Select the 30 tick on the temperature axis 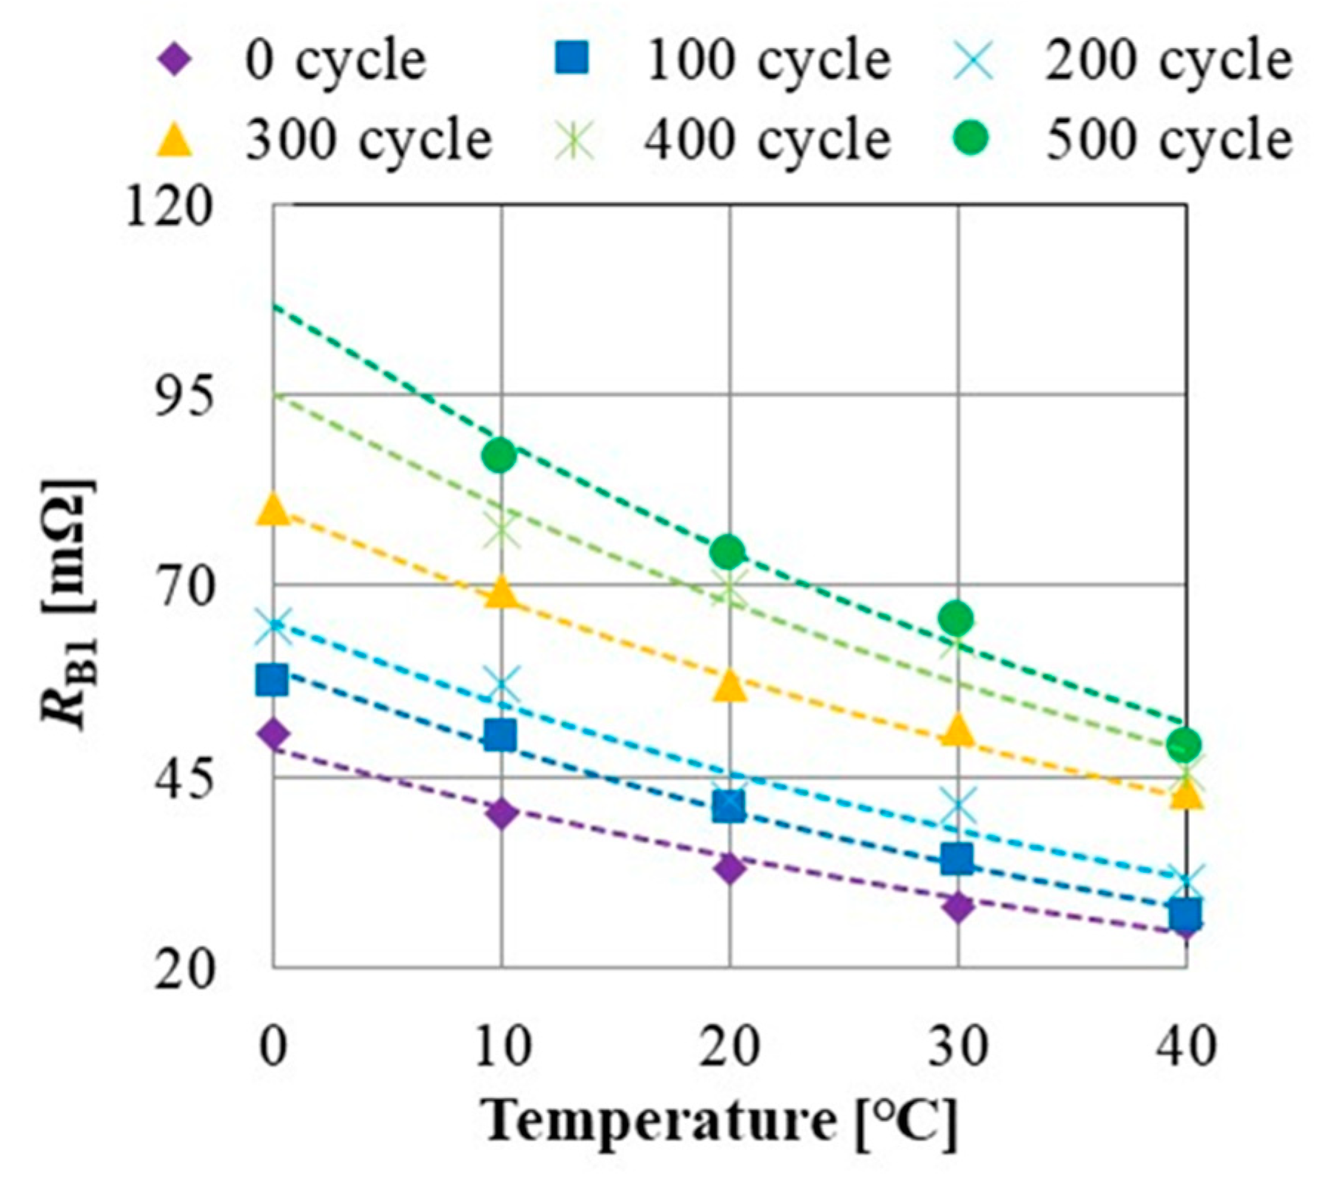coord(958,1046)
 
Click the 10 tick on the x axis coord(502,1046)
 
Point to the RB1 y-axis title coord(68,603)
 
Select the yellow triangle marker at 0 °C coord(272,509)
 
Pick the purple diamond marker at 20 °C coord(730,867)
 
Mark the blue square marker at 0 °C coord(272,679)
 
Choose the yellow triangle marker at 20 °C coord(730,685)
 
